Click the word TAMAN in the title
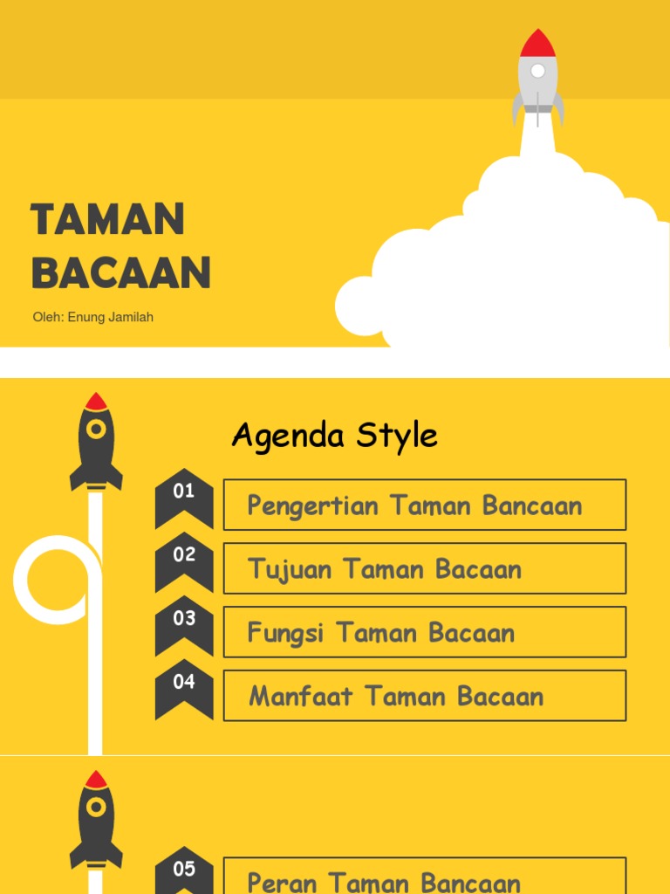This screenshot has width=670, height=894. [107, 218]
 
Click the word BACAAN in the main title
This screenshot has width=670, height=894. [121, 272]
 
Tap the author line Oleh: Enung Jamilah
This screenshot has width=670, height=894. [92, 317]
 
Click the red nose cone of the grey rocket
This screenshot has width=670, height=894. [537, 43]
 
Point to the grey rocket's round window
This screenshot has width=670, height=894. [537, 71]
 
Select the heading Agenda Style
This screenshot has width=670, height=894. [334, 435]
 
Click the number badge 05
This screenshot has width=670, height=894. [184, 870]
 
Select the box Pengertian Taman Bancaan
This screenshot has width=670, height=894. [424, 505]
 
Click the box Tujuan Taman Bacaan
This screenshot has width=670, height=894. [424, 568]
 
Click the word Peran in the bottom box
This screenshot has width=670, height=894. [282, 882]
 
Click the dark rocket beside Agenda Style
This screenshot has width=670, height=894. [96, 441]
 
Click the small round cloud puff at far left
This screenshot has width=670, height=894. [359, 306]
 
